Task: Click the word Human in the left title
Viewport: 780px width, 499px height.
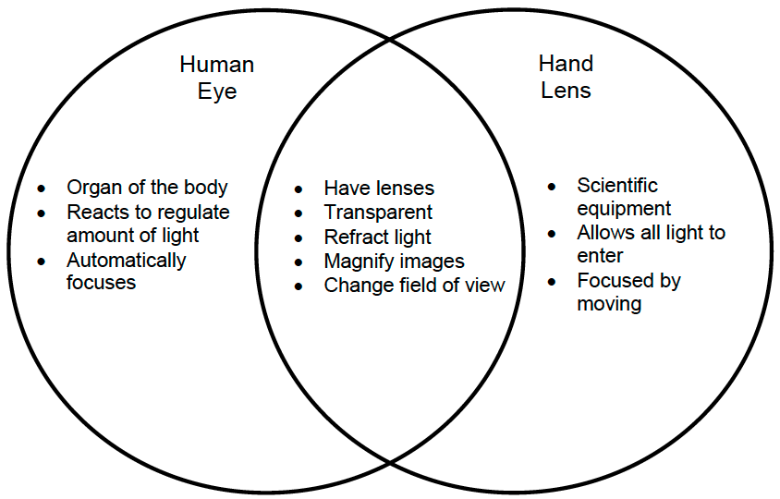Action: [216, 66]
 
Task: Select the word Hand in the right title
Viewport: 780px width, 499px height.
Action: [566, 65]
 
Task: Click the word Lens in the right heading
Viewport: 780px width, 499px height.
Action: [566, 91]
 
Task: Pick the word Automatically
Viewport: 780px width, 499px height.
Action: [126, 261]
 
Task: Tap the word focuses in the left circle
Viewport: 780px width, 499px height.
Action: [101, 283]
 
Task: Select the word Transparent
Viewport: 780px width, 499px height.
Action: [378, 213]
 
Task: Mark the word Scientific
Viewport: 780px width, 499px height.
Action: [617, 186]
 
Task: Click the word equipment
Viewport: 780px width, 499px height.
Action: [624, 209]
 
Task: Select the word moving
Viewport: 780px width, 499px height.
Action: [609, 303]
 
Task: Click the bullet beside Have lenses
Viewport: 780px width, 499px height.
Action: [299, 189]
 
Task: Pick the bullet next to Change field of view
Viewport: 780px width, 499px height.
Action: [299, 286]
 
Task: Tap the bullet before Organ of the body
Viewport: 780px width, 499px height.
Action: [42, 189]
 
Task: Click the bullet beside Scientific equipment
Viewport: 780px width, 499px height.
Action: [552, 187]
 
